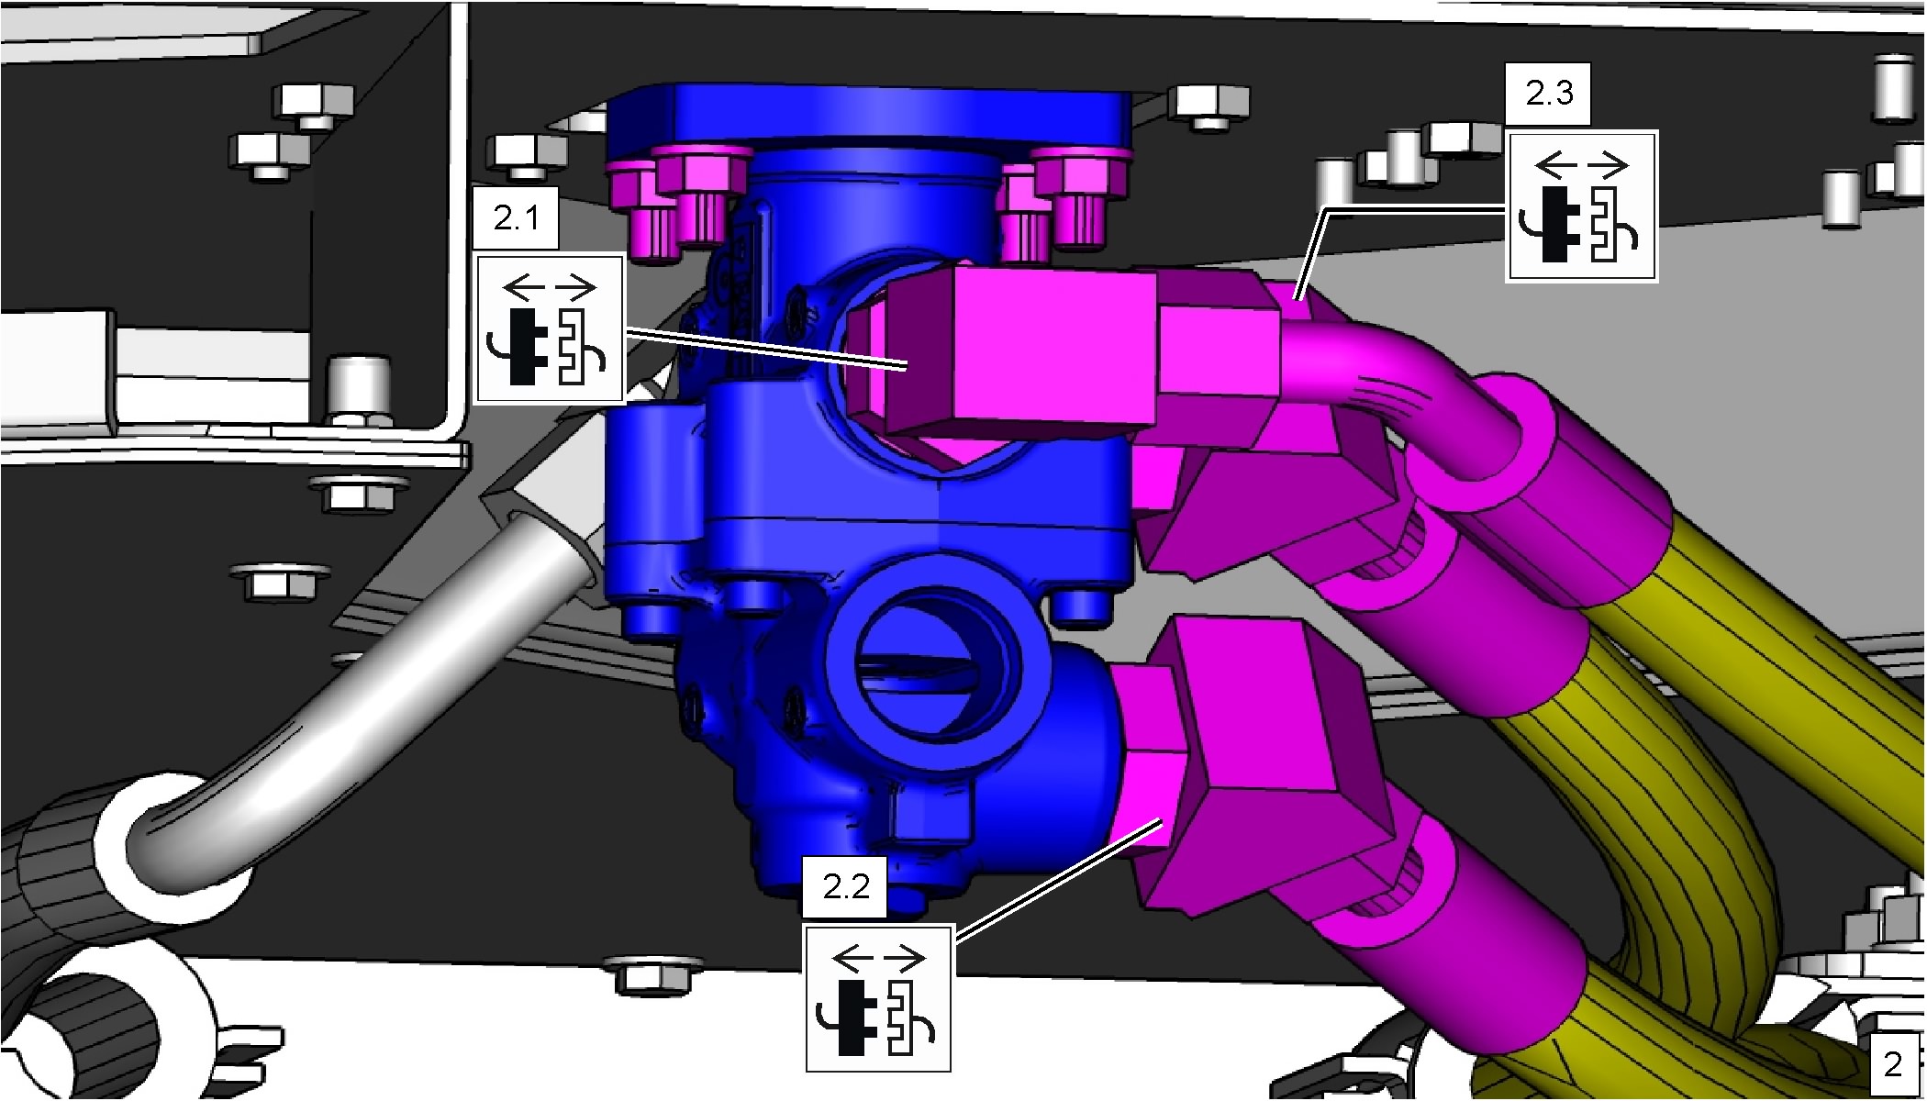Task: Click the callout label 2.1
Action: (516, 218)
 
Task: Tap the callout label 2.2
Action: (845, 887)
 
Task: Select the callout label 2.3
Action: (1549, 94)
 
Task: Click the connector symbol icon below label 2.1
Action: (550, 328)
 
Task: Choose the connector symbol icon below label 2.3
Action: (1582, 205)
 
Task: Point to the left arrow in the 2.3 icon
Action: (1556, 165)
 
